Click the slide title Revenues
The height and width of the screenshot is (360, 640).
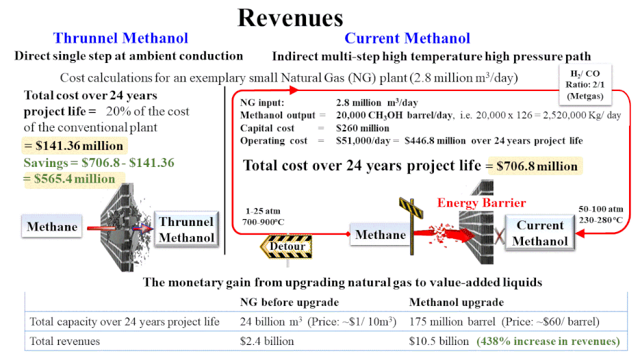(290, 18)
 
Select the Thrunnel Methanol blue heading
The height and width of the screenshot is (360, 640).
(120, 38)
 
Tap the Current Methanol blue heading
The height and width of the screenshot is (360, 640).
(407, 38)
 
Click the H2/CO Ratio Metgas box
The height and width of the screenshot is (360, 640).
(585, 84)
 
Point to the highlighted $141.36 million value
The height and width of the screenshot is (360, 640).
(74, 146)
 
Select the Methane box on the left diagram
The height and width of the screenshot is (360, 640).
(52, 227)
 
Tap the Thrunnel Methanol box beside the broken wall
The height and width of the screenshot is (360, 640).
(187, 229)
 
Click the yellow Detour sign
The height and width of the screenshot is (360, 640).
(287, 246)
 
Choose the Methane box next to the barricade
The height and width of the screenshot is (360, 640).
(381, 234)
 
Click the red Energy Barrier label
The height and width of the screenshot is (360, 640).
(482, 203)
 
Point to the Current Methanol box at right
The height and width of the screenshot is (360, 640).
(540, 233)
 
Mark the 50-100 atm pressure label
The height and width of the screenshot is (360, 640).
(601, 209)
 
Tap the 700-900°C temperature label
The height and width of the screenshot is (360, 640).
(264, 222)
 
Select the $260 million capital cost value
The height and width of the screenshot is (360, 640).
(363, 128)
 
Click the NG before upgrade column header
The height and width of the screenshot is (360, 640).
(290, 302)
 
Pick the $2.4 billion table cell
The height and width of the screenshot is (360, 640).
(267, 342)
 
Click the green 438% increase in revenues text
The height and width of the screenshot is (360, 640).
(548, 342)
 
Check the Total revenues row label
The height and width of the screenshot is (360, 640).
(64, 342)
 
